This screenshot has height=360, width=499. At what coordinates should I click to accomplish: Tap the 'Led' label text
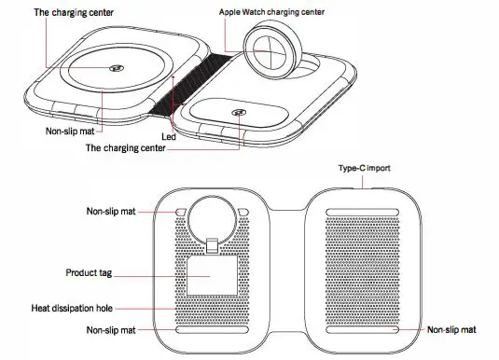pyautogui.click(x=169, y=135)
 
